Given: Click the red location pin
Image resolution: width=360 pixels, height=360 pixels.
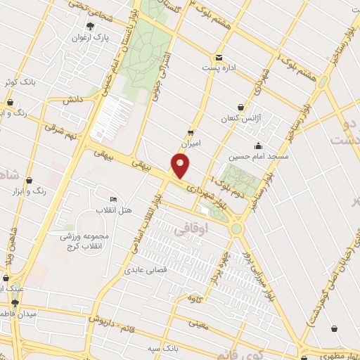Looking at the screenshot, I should [x=181, y=166].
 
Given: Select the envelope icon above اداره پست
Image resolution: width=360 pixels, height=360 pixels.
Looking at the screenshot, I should [x=219, y=58].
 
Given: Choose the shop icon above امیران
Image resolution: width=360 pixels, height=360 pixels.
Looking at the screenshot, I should [x=191, y=131].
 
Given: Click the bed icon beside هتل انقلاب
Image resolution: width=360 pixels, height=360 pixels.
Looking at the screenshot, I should [x=114, y=199].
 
